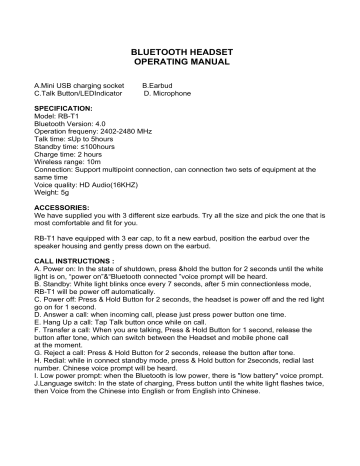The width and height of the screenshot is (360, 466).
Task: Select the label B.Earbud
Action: pyautogui.click(x=161, y=88)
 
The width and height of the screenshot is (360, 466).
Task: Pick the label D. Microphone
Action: pyautogui.click(x=168, y=96)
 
